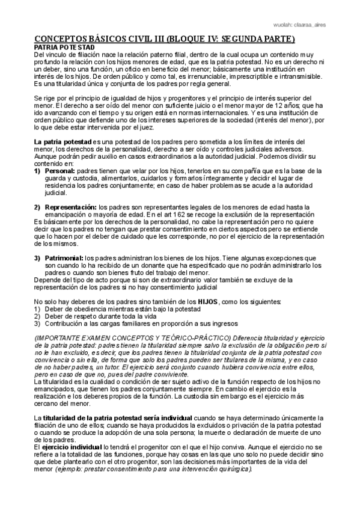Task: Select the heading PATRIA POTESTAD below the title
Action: tap(64, 47)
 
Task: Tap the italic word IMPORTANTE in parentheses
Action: tap(59, 337)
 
